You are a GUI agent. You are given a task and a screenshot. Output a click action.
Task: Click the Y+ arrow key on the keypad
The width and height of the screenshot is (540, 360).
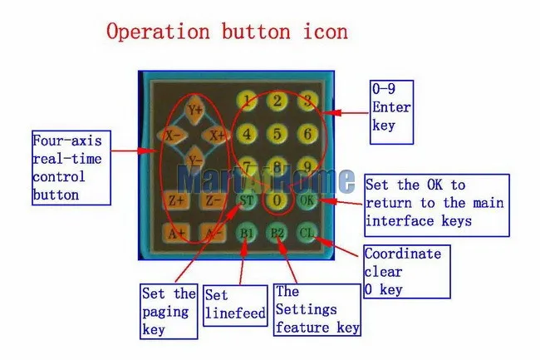pyautogui.click(x=196, y=109)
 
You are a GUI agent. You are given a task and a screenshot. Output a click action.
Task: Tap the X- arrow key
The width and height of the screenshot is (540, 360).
pyautogui.click(x=174, y=134)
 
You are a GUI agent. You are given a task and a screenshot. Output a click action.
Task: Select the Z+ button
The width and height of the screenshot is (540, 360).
pyautogui.click(x=176, y=200)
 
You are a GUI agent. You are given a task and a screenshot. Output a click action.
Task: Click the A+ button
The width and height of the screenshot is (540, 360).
pyautogui.click(x=176, y=234)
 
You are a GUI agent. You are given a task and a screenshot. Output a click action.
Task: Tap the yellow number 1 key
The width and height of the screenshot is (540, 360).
pyautogui.click(x=247, y=101)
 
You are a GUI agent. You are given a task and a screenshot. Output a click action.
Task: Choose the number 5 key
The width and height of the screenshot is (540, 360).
pyautogui.click(x=277, y=133)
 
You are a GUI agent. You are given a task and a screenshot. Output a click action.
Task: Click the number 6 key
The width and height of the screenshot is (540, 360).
pyautogui.click(x=307, y=133)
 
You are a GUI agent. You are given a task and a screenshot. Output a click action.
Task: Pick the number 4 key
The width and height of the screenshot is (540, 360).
pyautogui.click(x=247, y=133)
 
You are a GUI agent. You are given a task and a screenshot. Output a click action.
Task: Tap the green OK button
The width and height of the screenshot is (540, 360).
pyautogui.click(x=307, y=200)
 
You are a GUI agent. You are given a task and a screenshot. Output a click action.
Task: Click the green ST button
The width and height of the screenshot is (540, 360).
pyautogui.click(x=247, y=200)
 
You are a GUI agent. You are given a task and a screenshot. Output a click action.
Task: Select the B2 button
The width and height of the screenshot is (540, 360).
pyautogui.click(x=277, y=233)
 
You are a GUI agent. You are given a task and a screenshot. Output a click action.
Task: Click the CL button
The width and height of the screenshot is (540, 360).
pyautogui.click(x=307, y=233)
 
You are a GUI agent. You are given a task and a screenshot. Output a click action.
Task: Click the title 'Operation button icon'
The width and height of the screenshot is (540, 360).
pyautogui.click(x=226, y=32)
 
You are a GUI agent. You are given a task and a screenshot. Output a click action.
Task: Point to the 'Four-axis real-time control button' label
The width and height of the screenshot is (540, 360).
pyautogui.click(x=71, y=167)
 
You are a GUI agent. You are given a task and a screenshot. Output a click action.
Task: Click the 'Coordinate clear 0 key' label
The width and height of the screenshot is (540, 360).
pyautogui.click(x=407, y=271)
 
